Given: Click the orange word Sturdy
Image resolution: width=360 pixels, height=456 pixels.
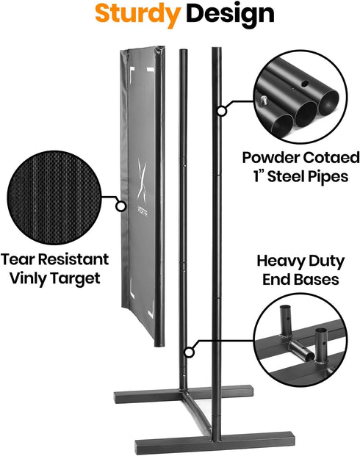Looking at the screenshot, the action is pyautogui.click(x=137, y=15).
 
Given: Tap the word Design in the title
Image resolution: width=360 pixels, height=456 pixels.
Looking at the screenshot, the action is pyautogui.click(x=230, y=14).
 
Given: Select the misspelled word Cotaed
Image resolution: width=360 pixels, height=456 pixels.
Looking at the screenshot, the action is pyautogui.click(x=331, y=158).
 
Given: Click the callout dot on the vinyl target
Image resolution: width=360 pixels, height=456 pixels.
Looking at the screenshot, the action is pyautogui.click(x=120, y=206).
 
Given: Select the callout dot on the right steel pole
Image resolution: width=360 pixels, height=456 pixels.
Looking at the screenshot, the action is pyautogui.click(x=222, y=111).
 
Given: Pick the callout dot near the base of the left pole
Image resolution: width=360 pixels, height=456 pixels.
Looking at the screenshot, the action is pyautogui.click(x=190, y=352).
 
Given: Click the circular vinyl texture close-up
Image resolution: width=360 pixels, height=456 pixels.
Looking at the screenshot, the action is pyautogui.click(x=54, y=198).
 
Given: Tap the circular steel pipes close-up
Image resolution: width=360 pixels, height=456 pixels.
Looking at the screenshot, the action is pyautogui.click(x=300, y=97).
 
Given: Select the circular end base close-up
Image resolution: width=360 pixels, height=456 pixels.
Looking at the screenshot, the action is pyautogui.click(x=300, y=340).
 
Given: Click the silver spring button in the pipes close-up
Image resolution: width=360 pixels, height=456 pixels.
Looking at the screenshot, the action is pyautogui.click(x=264, y=101).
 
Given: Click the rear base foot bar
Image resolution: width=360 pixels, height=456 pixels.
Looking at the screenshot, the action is pyautogui.click(x=184, y=394).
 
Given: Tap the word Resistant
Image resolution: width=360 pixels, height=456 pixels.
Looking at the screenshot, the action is pyautogui.click(x=73, y=259).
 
